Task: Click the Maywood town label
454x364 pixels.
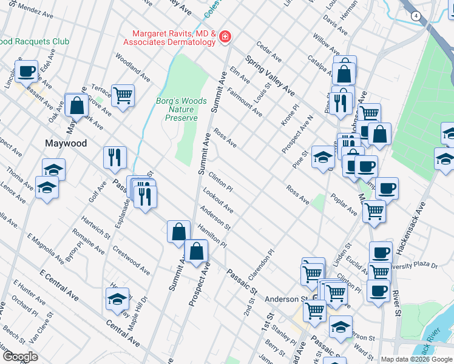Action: [66, 144]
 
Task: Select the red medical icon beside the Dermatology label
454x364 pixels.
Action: [225, 38]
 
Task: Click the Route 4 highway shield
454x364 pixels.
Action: [416, 15]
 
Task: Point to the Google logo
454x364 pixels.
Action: [19, 357]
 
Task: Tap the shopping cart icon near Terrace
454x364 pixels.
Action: [123, 96]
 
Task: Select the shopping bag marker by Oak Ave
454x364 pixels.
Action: [77, 106]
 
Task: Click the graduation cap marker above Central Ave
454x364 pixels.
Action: [118, 299]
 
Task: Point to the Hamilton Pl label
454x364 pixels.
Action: [211, 235]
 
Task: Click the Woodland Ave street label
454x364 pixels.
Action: [132, 69]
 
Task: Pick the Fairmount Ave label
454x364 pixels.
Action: [245, 101]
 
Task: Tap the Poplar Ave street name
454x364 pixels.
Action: [344, 205]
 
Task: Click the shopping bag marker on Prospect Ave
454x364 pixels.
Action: [196, 251]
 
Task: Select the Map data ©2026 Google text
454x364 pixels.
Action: [416, 359]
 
